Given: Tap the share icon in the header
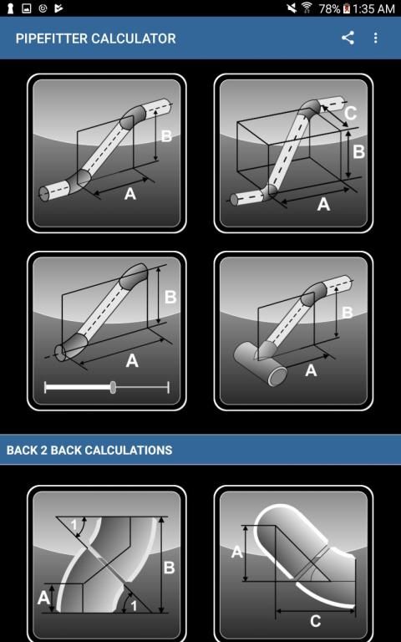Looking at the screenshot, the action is coord(348,38).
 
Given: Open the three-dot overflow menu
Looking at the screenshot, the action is coord(376,38).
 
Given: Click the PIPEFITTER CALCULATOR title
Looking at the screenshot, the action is coord(96,38).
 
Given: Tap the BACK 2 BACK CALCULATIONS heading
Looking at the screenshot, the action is coord(89,451).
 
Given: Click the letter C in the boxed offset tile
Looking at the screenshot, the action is coord(350,113).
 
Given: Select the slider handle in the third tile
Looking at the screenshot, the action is coord(113,387).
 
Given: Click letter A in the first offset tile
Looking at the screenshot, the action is coord(130,193).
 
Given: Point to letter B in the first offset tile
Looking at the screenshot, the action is coord(166,136).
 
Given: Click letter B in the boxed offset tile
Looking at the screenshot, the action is coord(359,151).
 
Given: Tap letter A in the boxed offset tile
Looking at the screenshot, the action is coord(323,204).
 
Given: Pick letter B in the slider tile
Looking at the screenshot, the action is coord(170,298).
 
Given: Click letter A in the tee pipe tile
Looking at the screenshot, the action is coord(311,370).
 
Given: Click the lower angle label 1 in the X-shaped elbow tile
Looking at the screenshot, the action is coord(134,605).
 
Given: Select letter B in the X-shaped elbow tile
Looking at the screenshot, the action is coord(169,568).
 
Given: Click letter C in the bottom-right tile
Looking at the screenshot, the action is coord(315,621).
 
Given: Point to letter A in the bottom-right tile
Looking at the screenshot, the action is coord(237,552).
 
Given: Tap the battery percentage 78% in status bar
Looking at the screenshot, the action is coord(329,8).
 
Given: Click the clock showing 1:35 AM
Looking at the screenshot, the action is coord(373,8).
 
